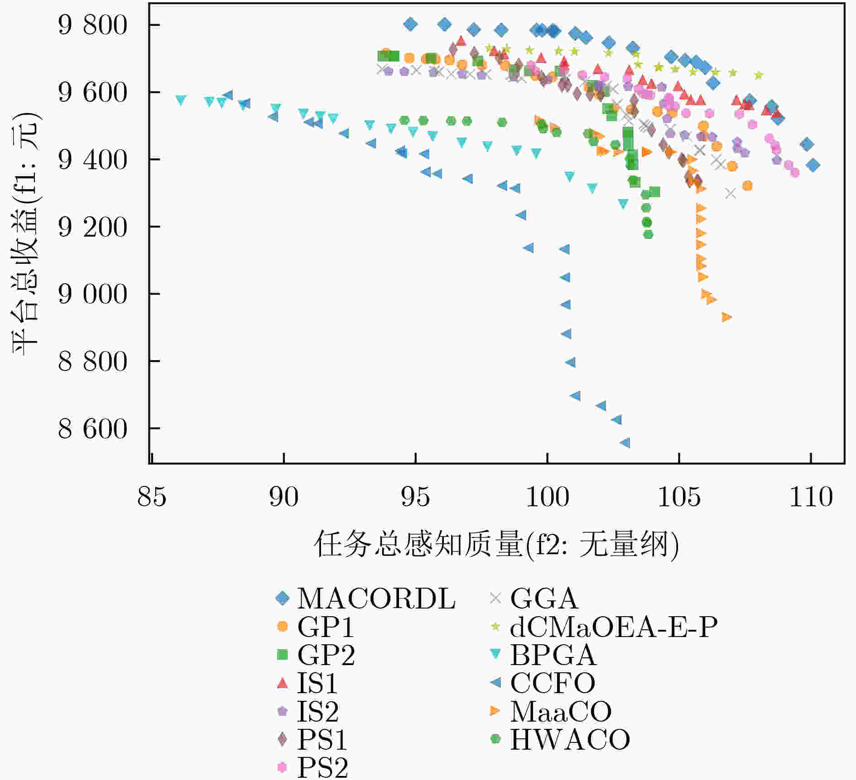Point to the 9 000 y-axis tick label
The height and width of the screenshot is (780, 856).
(93, 294)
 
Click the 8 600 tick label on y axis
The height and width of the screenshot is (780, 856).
(93, 428)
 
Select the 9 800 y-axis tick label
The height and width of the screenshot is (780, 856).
(93, 25)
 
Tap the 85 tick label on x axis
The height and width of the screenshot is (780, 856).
(152, 496)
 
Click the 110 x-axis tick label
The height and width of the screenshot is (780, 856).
(811, 496)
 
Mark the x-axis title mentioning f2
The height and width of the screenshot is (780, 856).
(496, 544)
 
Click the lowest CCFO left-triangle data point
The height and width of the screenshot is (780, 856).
(625, 443)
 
